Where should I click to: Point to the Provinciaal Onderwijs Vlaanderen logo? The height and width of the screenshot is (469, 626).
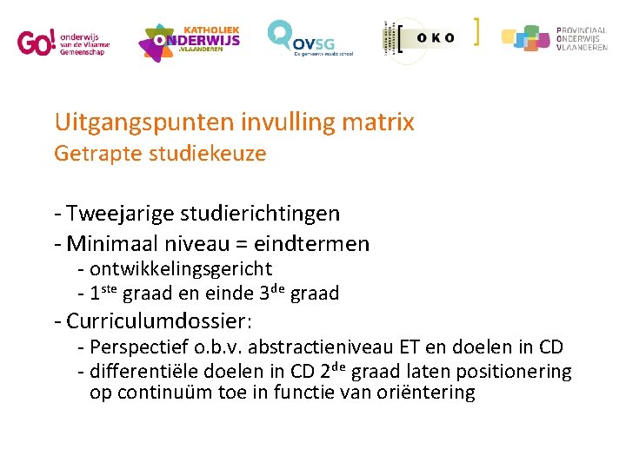click(554, 38)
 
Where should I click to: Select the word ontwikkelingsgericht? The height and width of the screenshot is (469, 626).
click(181, 269)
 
